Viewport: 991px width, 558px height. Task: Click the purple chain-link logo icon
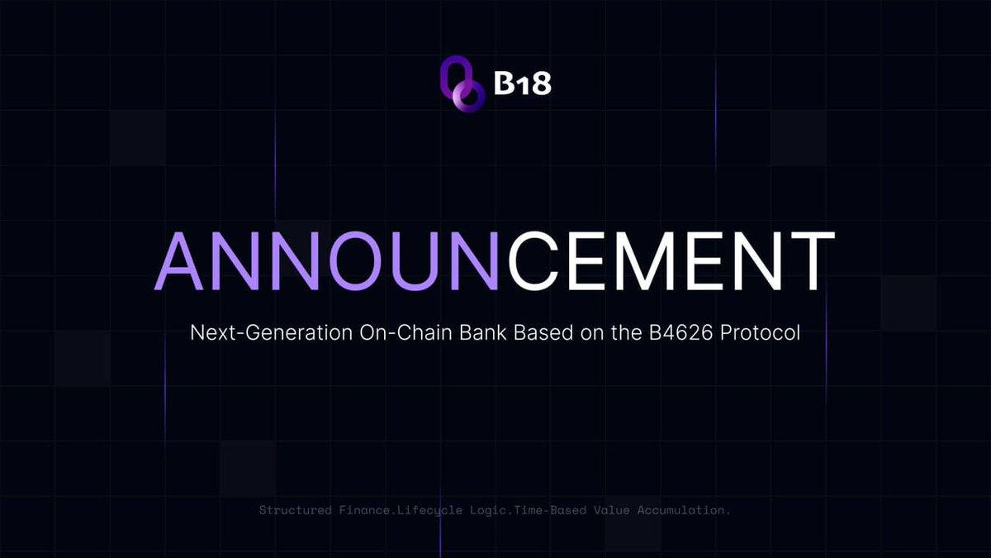462,83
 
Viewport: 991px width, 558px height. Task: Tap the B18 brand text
522,83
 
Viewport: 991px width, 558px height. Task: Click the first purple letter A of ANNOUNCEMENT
178,260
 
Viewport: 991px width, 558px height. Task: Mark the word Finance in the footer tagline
367,510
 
